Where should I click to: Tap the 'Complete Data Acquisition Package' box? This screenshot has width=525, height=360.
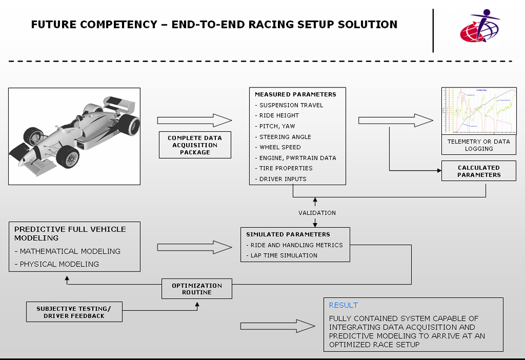point(195,145)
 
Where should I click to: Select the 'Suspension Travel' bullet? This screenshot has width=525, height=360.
point(283,105)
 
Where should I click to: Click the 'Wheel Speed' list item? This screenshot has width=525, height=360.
point(280,147)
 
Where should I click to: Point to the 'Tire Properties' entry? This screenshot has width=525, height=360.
point(285,168)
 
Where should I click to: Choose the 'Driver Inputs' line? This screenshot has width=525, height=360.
point(283,179)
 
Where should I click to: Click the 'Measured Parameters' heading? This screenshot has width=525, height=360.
point(295,94)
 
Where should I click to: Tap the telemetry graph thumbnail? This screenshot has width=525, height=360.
point(479,111)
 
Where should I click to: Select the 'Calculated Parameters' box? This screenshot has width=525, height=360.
point(479,171)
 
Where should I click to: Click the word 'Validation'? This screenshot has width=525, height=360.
point(317,213)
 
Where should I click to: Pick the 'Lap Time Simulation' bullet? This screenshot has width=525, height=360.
point(284,255)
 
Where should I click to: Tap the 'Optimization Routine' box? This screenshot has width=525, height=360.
point(197,289)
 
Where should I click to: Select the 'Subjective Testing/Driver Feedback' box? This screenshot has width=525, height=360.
point(74,312)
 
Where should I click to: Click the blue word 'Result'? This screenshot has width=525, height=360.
point(343,305)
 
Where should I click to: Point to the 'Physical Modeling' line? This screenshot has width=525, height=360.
point(57,264)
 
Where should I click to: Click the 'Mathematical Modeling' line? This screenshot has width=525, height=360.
point(67,252)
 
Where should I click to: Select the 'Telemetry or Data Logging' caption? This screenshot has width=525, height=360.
point(478,145)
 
